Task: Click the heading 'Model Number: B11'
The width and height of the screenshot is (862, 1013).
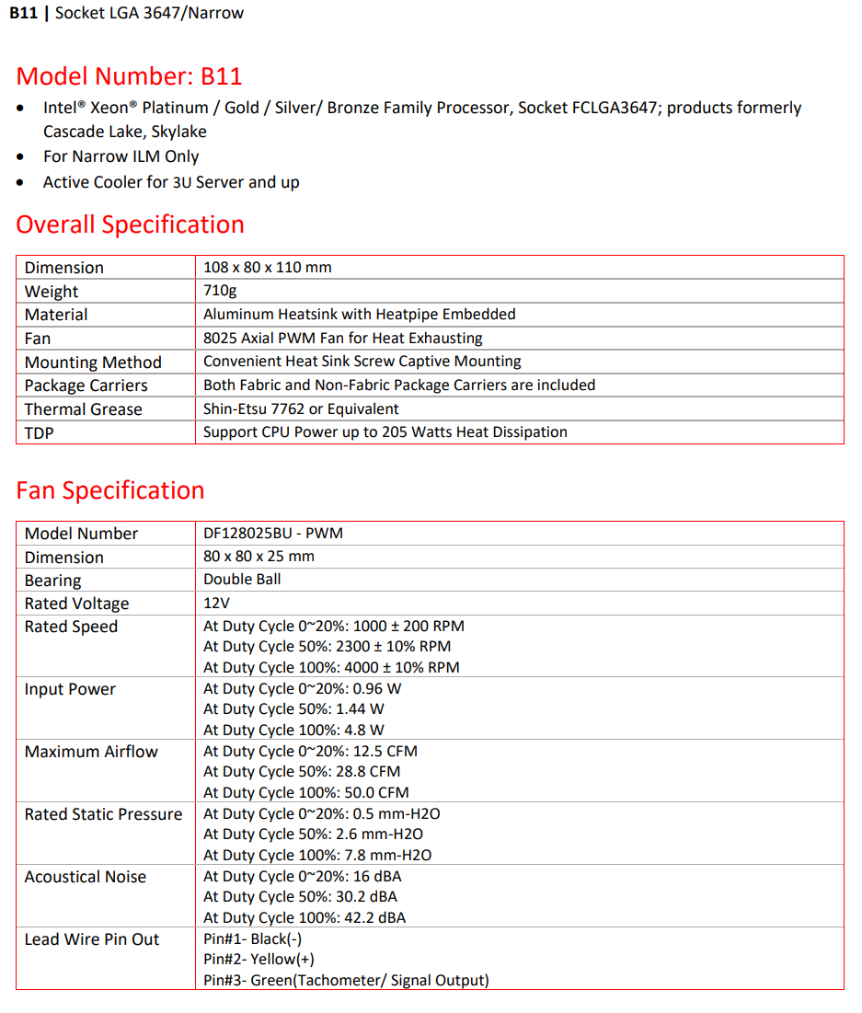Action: click(130, 75)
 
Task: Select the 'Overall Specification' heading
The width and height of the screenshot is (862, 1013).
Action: click(130, 224)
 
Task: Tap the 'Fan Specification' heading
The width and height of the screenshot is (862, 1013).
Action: click(110, 489)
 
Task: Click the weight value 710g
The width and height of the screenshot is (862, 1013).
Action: click(219, 291)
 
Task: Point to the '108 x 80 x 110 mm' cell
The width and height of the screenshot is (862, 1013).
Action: click(267, 268)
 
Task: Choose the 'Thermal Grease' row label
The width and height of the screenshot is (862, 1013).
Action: click(83, 409)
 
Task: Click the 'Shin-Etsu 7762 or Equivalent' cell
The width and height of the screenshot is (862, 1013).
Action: click(301, 409)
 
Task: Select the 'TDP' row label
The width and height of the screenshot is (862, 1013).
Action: click(40, 432)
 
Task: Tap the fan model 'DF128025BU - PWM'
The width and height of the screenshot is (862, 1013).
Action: click(273, 533)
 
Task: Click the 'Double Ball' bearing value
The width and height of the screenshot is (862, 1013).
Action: click(242, 580)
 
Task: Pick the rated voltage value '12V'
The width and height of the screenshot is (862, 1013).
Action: click(217, 604)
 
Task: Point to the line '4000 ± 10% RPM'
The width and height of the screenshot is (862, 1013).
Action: click(331, 667)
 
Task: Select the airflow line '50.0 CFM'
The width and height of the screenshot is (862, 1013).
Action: click(305, 792)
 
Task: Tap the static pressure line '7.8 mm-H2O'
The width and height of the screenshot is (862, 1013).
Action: click(316, 855)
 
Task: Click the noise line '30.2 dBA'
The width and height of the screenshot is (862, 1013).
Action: click(300, 896)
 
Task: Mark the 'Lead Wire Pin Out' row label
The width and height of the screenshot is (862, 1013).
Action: click(92, 939)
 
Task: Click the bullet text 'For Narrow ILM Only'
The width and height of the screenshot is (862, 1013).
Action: click(121, 156)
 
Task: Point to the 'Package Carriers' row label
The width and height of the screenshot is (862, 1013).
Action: click(86, 386)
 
